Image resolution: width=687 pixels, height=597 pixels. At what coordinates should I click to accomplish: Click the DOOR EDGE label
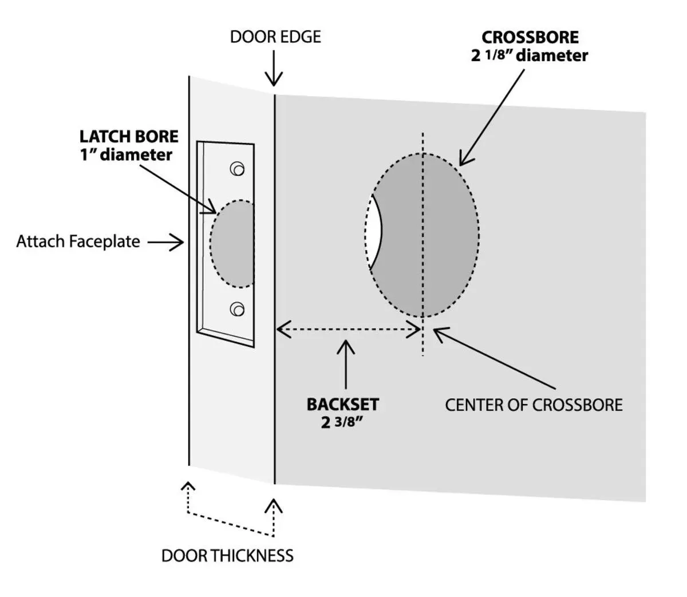(x=275, y=37)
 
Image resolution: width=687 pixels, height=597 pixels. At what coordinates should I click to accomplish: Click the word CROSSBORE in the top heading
(x=530, y=37)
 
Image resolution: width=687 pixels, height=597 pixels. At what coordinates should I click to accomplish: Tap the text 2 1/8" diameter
(x=530, y=56)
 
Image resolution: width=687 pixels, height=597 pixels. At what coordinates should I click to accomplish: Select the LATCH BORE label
(x=129, y=137)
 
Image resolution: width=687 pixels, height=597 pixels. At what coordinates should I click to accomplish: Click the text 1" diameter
(x=126, y=155)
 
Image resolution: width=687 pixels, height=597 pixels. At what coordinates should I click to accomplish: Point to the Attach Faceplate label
(x=78, y=242)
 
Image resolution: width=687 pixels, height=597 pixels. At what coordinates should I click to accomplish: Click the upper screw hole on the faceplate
(x=236, y=169)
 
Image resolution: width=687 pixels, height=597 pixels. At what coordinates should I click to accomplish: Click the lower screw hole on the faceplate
(x=236, y=309)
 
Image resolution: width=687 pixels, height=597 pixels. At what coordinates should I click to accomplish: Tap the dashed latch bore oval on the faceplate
(x=232, y=243)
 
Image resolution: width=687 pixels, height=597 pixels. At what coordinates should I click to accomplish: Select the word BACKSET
(x=342, y=404)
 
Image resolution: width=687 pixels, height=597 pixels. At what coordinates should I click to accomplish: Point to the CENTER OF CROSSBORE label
(x=534, y=405)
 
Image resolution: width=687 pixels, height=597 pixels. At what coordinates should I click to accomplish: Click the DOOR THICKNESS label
(x=227, y=555)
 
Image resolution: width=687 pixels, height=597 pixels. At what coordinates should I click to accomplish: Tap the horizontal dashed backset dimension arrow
(x=349, y=329)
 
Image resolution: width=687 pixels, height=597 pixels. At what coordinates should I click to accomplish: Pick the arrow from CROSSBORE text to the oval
(x=492, y=114)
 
